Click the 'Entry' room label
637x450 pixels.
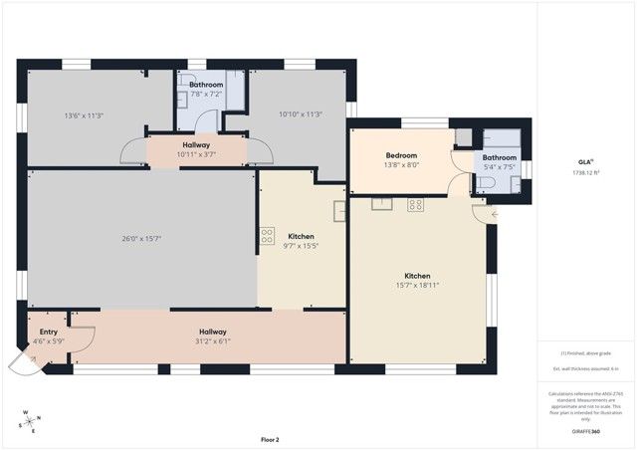point(48,333)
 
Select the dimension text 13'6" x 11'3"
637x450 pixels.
point(84,114)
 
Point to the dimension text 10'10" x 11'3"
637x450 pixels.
point(301,114)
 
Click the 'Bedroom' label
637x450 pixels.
point(401,155)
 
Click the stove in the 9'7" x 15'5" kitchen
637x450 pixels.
point(267,236)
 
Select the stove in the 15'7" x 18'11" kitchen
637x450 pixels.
point(415,204)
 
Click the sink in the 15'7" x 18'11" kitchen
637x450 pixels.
point(383,204)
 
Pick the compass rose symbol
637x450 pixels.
point(30,420)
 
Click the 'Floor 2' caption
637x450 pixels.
point(270,439)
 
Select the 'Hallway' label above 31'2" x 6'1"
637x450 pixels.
point(212,333)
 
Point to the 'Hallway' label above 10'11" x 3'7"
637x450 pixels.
point(195,145)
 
